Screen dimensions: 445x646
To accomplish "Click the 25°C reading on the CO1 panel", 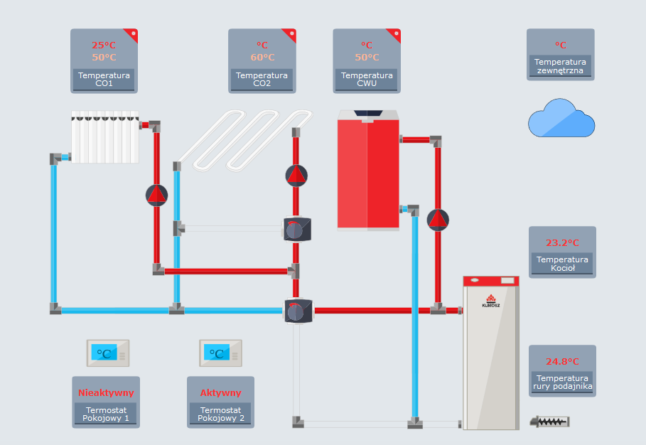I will tap(104, 45).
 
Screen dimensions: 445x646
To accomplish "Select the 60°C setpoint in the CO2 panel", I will tap(262, 58).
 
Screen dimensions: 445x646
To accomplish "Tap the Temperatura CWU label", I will tap(367, 80).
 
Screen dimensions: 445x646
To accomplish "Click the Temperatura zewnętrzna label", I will tap(560, 66).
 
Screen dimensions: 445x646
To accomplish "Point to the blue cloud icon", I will tap(561, 119).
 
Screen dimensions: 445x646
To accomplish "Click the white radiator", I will tap(105, 136).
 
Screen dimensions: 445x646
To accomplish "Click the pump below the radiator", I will tap(156, 195).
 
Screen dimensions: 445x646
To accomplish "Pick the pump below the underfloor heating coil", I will tap(296, 175).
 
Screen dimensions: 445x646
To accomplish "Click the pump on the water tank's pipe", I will tap(438, 220).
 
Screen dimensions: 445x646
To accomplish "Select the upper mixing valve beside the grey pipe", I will tap(296, 229).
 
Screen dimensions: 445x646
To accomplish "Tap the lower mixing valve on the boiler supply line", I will tap(296, 311).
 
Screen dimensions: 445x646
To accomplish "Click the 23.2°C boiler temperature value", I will tap(562, 242).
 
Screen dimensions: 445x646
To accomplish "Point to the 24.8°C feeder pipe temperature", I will tap(562, 362).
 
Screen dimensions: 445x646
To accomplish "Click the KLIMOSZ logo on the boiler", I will tap(491, 301).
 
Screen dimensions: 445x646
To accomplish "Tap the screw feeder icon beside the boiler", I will tap(550, 422).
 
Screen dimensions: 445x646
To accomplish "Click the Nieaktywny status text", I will tap(106, 392).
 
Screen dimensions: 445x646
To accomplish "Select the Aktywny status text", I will tap(220, 392).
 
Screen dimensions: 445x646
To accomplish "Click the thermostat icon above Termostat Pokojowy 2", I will tap(221, 353).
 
